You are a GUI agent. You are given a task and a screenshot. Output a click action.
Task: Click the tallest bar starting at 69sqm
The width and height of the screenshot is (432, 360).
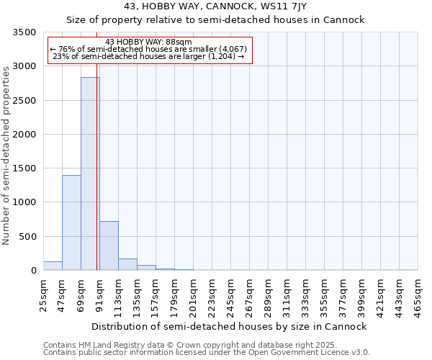[x=90, y=174]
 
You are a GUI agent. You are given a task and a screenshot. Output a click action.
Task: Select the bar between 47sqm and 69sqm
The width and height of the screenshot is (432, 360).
[x=71, y=222]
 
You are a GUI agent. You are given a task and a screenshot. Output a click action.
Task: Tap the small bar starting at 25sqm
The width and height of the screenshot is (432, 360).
[x=53, y=266]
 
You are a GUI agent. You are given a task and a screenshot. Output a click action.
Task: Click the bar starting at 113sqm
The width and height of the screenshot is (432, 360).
[x=127, y=264]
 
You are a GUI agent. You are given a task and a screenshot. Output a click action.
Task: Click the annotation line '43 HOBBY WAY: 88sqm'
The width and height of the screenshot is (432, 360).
[x=148, y=42]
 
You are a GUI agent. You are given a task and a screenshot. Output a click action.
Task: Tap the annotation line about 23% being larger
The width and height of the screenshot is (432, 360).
[x=149, y=56]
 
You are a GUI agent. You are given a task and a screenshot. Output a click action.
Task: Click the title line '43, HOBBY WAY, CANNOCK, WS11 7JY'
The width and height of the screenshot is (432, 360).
[x=215, y=7]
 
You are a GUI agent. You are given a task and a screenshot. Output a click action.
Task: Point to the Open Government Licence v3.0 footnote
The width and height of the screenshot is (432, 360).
[x=207, y=353]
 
